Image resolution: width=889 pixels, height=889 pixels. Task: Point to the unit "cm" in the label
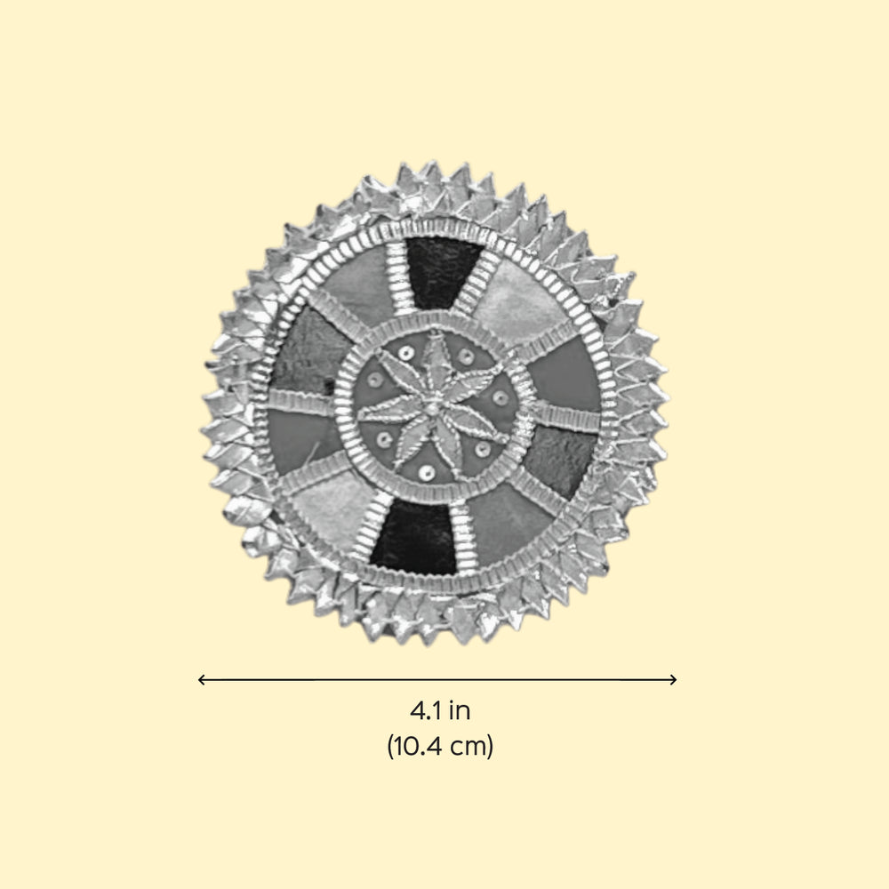click(468, 748)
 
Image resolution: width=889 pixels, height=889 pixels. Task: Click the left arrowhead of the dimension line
click(201, 679)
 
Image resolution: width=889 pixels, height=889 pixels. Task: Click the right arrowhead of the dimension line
click(674, 679)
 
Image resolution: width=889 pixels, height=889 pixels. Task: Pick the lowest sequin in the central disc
click(427, 472)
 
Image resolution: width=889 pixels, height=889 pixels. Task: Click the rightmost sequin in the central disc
click(500, 397)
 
